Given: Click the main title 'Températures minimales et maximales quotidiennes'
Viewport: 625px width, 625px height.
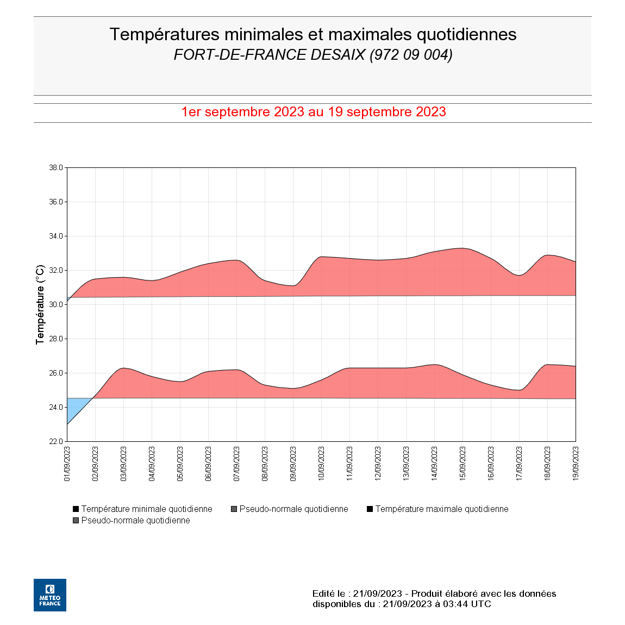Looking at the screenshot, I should coord(312,34).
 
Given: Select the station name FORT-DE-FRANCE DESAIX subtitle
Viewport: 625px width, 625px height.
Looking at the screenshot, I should coord(312,55).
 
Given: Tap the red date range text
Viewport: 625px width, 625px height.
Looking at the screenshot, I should coord(313,112).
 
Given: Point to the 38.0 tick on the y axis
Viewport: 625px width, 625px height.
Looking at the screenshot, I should coord(56,168).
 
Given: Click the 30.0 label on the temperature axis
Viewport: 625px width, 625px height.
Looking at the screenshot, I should coord(56,305).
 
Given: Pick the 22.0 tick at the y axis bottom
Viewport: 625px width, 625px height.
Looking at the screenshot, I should coord(56,442).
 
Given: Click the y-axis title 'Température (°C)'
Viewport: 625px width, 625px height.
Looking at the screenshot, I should coord(40,304).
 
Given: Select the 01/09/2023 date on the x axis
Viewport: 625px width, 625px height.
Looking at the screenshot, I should coord(67,464).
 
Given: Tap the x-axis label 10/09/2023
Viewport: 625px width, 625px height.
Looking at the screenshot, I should coord(322,464).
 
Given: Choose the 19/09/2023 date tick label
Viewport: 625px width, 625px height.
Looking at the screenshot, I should coord(576,464).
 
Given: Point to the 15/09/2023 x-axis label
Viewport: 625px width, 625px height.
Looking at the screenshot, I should coord(463,464).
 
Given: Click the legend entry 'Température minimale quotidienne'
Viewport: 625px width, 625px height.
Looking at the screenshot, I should coord(147,509).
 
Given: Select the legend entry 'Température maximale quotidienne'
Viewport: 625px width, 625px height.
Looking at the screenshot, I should coord(441,509).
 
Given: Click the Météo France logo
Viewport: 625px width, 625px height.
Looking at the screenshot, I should coord(50,595).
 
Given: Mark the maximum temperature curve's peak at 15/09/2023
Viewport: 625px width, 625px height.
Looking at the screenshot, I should coord(462,248).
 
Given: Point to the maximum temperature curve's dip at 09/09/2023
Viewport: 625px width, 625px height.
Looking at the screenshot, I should coord(293,285).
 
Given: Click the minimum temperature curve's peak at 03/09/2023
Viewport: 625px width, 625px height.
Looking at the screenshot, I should coord(124,368).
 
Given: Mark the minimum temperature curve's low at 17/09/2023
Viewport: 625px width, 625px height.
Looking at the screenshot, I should coord(520,390).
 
